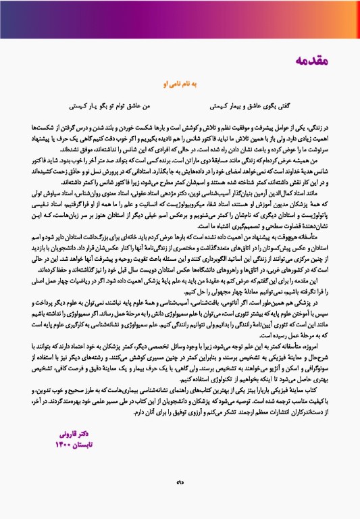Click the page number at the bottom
point(179,501)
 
